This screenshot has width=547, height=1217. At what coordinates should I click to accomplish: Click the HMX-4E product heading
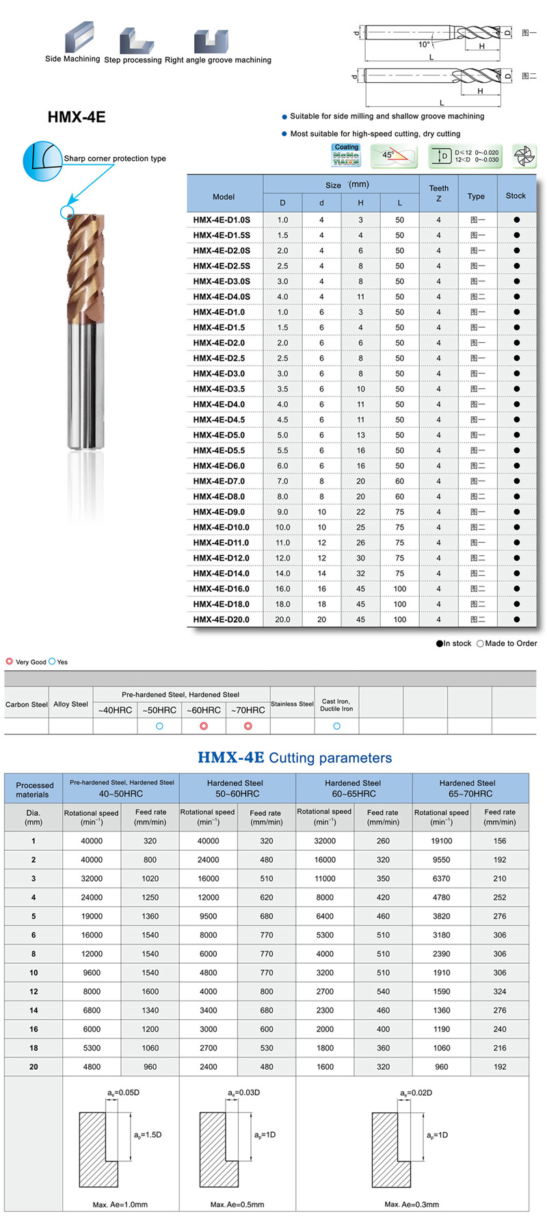point(77,117)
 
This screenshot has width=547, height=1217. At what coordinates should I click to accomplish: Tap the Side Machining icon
point(79,37)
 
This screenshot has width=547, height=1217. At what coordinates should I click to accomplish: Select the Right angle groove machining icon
point(211,41)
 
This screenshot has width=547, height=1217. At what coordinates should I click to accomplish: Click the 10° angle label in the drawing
point(425,44)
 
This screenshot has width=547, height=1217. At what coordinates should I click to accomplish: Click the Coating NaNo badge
point(346,155)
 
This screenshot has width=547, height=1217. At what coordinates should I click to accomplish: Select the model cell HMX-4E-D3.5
point(219,389)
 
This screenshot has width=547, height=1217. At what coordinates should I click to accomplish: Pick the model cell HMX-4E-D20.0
point(221,619)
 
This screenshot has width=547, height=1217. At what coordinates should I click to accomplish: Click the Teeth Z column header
point(439,193)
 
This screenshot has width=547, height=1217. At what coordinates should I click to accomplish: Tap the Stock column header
point(516,196)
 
